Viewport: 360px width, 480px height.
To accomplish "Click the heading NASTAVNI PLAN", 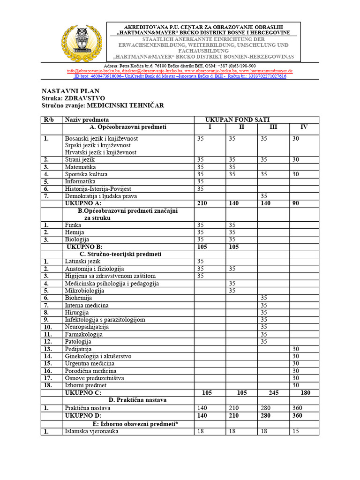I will pyautogui.click(x=71, y=91).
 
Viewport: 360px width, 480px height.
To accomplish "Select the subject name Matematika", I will pyautogui.click(x=80, y=167).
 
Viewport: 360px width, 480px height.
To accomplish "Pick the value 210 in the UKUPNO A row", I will pyautogui.click(x=202, y=203).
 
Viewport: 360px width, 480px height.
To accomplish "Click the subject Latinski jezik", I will pyautogui.click(x=83, y=261).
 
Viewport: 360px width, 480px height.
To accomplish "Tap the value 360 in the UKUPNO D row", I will pyautogui.click(x=297, y=415).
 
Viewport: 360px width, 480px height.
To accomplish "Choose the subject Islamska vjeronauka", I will pyautogui.click(x=92, y=431).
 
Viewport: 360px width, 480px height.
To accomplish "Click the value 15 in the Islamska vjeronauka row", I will pyautogui.click(x=296, y=431).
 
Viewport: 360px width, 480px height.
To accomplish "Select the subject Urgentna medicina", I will pyautogui.click(x=90, y=363).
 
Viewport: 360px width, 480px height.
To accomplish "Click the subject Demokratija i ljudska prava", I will pyautogui.click(x=101, y=196).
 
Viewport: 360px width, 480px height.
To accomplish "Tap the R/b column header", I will pyautogui.click(x=49, y=120).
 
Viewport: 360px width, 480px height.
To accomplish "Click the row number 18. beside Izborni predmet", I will pyautogui.click(x=48, y=385).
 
